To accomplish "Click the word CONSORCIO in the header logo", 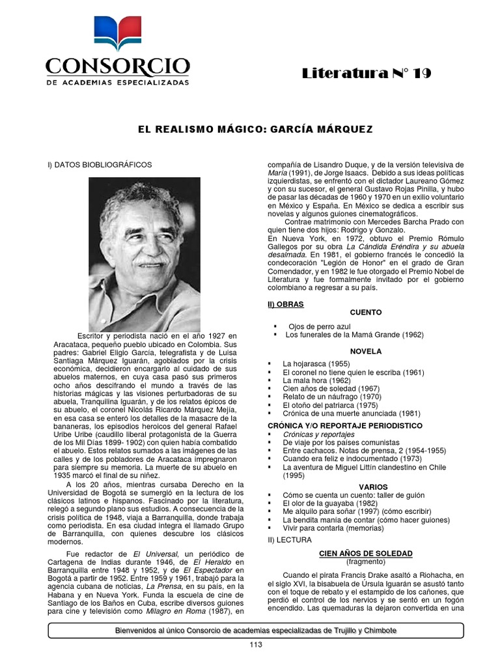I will coord(117,66).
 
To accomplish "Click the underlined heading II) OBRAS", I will coord(285,304).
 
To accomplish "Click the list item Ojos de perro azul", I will coord(320,325).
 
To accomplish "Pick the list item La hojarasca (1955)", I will coord(316,363).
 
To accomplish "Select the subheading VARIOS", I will coord(372,487).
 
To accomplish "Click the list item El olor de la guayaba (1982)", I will coord(331,504).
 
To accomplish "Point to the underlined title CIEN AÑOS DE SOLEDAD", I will coord(365,553).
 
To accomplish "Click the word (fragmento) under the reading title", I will coord(365,561).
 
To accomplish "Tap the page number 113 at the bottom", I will coord(255,645).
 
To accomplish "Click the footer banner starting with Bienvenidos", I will coord(255,631).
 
